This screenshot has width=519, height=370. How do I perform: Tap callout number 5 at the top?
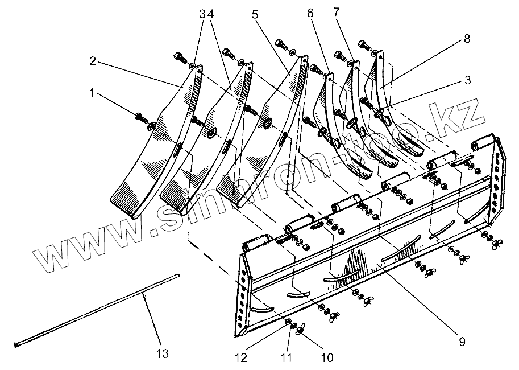(255, 14)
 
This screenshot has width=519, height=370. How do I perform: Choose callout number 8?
(467, 39)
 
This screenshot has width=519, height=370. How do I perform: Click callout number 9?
(462, 342)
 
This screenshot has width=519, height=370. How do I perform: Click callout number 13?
(163, 354)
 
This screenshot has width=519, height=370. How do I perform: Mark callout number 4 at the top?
(210, 14)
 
